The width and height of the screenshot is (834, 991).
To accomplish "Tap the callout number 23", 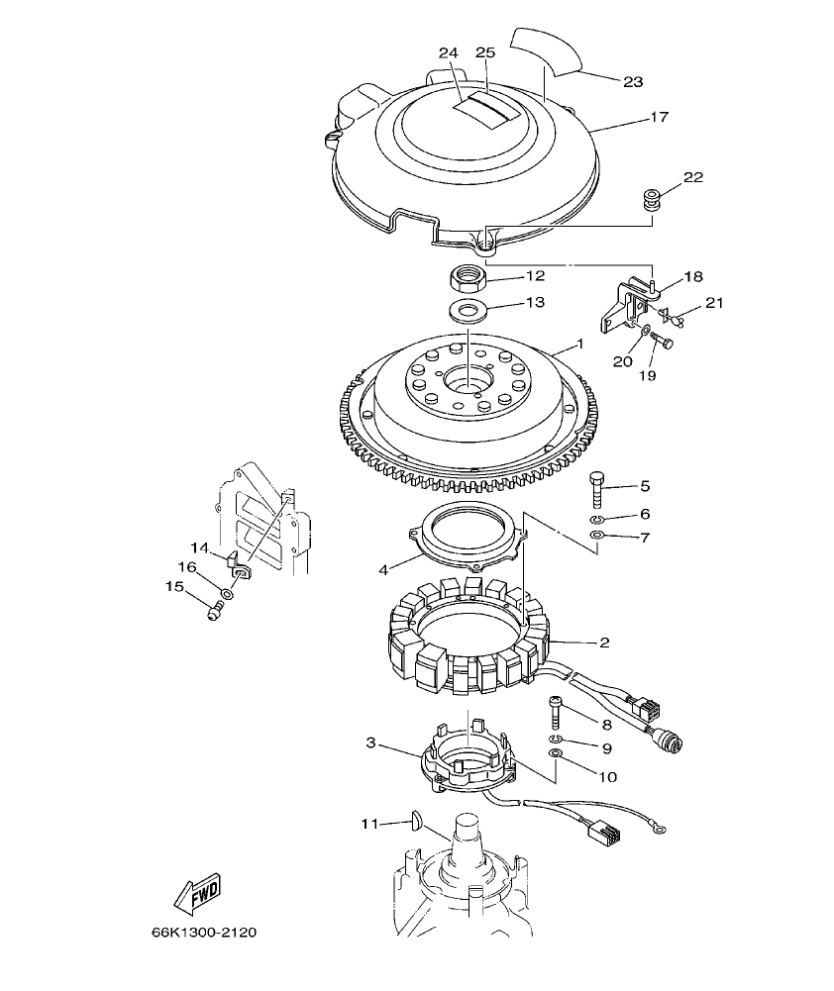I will [x=633, y=82].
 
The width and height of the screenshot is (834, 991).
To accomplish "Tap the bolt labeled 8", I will [x=555, y=710].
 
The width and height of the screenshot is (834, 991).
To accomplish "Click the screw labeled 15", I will [x=212, y=612].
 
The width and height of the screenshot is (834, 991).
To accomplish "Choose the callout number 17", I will [x=660, y=117].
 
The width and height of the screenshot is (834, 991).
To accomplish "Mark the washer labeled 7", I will [x=596, y=536].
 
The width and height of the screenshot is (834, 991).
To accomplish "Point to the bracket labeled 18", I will [x=624, y=304].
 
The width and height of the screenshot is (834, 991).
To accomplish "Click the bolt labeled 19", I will [x=663, y=343].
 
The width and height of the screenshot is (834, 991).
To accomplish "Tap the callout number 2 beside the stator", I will [x=603, y=643].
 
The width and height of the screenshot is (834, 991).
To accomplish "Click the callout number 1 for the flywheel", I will [x=580, y=344].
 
